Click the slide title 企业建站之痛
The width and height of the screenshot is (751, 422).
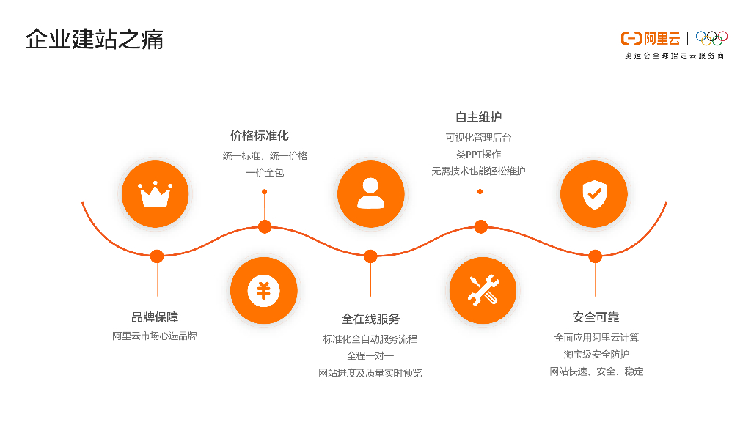point(95,40)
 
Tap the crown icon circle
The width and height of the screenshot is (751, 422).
point(155,194)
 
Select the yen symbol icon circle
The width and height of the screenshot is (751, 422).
point(263,290)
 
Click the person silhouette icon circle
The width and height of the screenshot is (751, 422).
point(370,194)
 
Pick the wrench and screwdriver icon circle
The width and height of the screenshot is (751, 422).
point(483,290)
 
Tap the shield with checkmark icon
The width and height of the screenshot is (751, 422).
point(593,194)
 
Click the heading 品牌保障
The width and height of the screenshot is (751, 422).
point(155,317)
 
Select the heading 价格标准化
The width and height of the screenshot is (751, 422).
point(260,136)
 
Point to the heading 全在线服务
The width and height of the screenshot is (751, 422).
point(370,319)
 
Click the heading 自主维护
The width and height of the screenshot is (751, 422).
point(478,117)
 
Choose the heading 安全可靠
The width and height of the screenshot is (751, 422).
point(596,317)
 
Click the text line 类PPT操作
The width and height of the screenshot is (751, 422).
point(478,155)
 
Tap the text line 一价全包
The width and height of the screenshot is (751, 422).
point(265,173)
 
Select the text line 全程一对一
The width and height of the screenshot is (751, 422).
point(370,356)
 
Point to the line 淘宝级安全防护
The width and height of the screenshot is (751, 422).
point(596,355)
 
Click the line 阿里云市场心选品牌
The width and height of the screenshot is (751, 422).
point(155,336)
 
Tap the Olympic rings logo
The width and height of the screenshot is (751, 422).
point(711,37)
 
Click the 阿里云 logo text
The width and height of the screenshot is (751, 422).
point(661,39)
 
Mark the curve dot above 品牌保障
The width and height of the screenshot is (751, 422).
point(157,256)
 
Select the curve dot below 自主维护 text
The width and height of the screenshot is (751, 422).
point(480,226)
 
